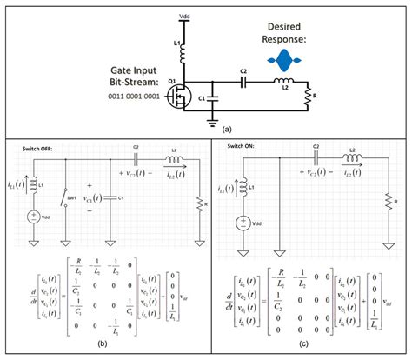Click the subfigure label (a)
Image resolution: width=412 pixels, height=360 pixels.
[228, 126]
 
